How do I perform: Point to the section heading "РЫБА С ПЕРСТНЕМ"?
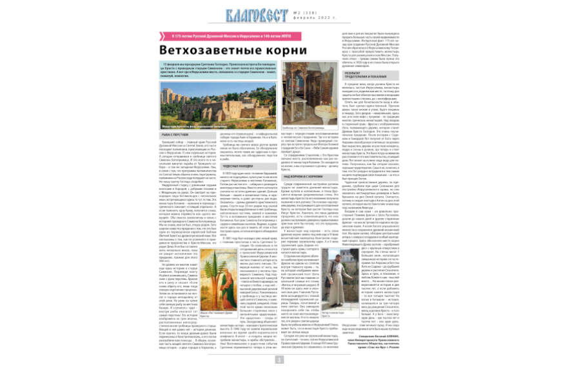pyautogui.click(x=176, y=134)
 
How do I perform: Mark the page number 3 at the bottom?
pyautogui.click(x=280, y=359)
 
